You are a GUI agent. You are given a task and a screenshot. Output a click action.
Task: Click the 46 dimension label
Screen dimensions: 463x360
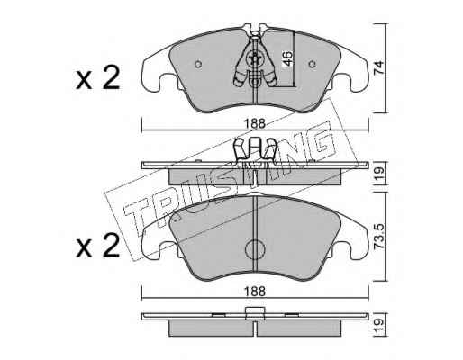pyautogui.click(x=287, y=58)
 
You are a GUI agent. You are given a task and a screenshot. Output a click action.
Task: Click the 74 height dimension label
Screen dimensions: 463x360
pyautogui.click(x=379, y=67)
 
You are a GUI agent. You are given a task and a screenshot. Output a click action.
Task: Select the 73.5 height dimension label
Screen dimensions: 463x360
pyautogui.click(x=379, y=237)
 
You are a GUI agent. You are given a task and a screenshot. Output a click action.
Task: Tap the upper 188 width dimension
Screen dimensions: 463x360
pyautogui.click(x=255, y=123)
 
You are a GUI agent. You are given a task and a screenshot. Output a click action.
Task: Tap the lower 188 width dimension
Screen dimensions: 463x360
pyautogui.click(x=255, y=292)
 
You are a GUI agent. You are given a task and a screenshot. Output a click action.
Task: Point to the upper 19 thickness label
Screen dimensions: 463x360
pyautogui.click(x=379, y=173)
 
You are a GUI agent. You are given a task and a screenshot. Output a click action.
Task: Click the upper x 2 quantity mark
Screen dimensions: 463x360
pyautogui.click(x=97, y=78)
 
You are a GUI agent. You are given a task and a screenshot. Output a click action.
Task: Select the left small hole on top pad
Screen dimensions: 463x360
pyautogui.click(x=198, y=64)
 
